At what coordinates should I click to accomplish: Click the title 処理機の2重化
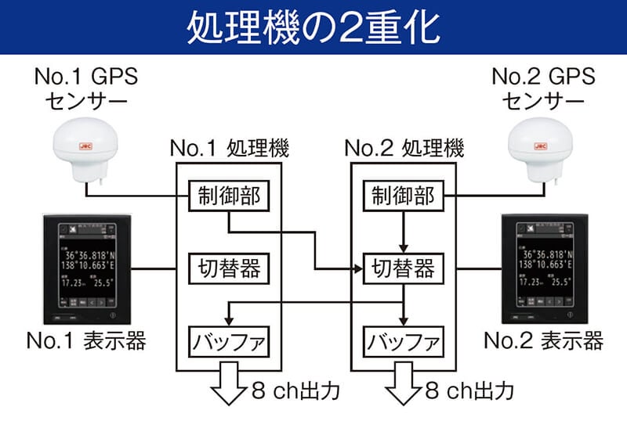[x=313, y=27]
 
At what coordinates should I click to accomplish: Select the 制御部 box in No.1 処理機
[x=228, y=196]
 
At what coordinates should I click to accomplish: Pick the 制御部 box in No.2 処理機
[x=403, y=196]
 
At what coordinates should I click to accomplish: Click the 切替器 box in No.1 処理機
[x=228, y=268]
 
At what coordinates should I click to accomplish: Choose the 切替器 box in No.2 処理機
[x=403, y=268]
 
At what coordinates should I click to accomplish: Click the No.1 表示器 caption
[x=85, y=341]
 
